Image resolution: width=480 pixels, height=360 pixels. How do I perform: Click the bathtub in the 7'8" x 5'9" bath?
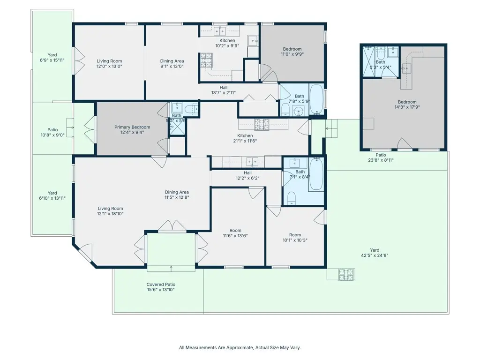pyautogui.click(x=316, y=99)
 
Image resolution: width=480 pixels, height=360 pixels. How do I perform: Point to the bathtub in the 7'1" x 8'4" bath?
pyautogui.click(x=316, y=174)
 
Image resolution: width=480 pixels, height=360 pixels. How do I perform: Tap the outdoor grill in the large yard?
pyautogui.click(x=347, y=274)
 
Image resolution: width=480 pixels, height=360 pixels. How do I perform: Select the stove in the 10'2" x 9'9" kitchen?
pyautogui.click(x=207, y=60)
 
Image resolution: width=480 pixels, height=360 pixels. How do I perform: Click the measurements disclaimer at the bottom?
pyautogui.click(x=240, y=348)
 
